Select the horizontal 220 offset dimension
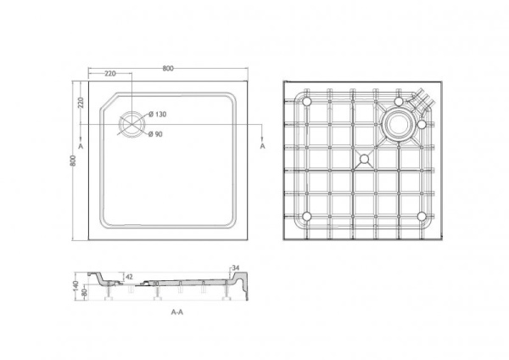pos(110,74)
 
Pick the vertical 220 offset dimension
pos(81,103)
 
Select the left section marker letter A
pos(80,147)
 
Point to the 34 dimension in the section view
pos(236,269)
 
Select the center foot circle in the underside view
pos(365,158)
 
